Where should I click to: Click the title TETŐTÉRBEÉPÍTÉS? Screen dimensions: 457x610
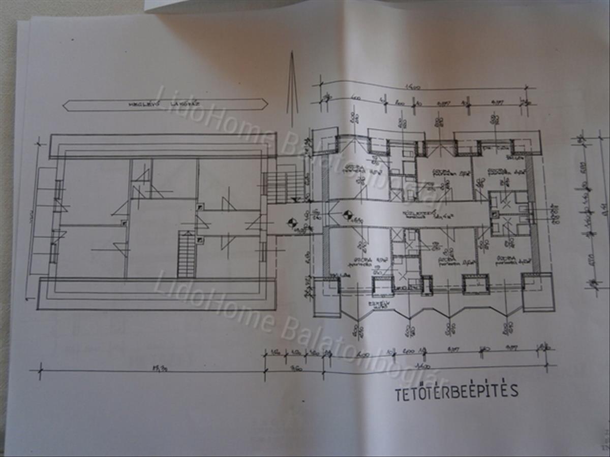pyautogui.click(x=456, y=391)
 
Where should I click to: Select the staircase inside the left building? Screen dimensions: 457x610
pyautogui.click(x=187, y=254)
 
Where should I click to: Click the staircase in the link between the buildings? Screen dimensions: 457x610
pyautogui.click(x=285, y=186)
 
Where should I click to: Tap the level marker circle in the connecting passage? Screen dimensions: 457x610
pyautogui.click(x=292, y=222)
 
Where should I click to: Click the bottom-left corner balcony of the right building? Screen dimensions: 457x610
pyautogui.click(x=326, y=297)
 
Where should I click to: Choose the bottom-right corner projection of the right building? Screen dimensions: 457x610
pyautogui.click(x=538, y=292)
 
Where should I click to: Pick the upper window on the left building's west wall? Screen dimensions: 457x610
pyautogui.click(x=58, y=189)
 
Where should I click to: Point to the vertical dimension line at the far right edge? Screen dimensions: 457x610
pyautogui.click(x=602, y=208)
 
